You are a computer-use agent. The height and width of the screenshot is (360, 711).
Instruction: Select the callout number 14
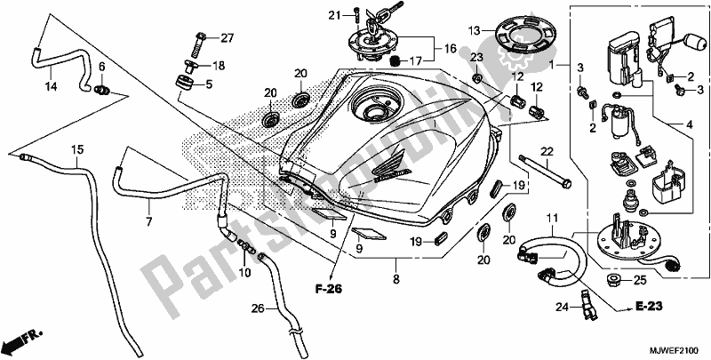pyautogui.click(x=50, y=87)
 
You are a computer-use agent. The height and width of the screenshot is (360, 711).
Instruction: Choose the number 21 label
pyautogui.click(x=334, y=14)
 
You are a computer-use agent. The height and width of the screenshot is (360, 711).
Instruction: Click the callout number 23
pyautogui.click(x=475, y=58)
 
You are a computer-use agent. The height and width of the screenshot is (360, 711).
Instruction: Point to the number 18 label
pyautogui.click(x=218, y=65)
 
